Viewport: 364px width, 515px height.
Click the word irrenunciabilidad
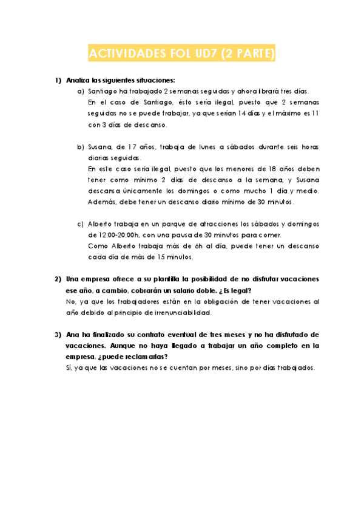coord(177,313)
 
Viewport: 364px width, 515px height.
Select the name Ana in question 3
coord(73,335)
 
